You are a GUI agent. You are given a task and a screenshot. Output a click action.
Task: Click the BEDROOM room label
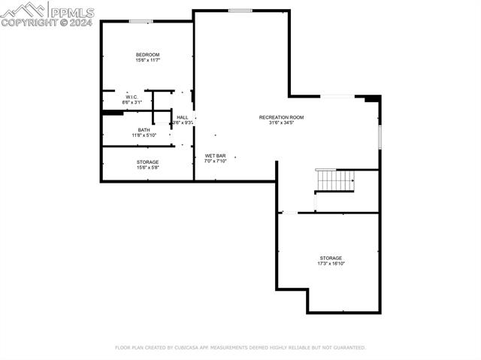coord(147,55)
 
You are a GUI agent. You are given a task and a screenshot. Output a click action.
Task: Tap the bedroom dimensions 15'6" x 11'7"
coord(147,61)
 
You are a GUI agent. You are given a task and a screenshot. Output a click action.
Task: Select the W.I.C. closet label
coord(132,96)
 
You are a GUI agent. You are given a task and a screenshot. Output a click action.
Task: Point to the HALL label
coord(183,117)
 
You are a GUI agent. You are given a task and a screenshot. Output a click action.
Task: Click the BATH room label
coord(144,129)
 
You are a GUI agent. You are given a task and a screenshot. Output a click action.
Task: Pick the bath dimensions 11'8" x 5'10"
coord(144,135)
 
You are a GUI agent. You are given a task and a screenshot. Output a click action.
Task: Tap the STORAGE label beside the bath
coord(147,162)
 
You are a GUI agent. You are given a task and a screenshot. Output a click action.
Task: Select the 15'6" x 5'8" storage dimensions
coord(147,168)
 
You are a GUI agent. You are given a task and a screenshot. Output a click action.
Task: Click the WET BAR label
coord(216,156)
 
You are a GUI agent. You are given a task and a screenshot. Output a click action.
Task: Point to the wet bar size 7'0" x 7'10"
coord(216,161)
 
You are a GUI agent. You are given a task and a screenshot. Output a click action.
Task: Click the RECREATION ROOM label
coord(281,117)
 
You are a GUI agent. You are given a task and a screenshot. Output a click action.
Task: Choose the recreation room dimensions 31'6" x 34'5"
coord(281,123)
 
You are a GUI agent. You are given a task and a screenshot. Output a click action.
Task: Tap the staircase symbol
coord(335,180)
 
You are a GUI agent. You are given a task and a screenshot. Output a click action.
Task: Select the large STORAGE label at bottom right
coord(331,258)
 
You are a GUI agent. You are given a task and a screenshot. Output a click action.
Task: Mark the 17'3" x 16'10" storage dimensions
coord(331,264)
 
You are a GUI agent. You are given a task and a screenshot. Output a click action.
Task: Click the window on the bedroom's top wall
coord(141,21)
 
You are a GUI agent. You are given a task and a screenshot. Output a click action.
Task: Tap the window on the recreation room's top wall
coord(240,11)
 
